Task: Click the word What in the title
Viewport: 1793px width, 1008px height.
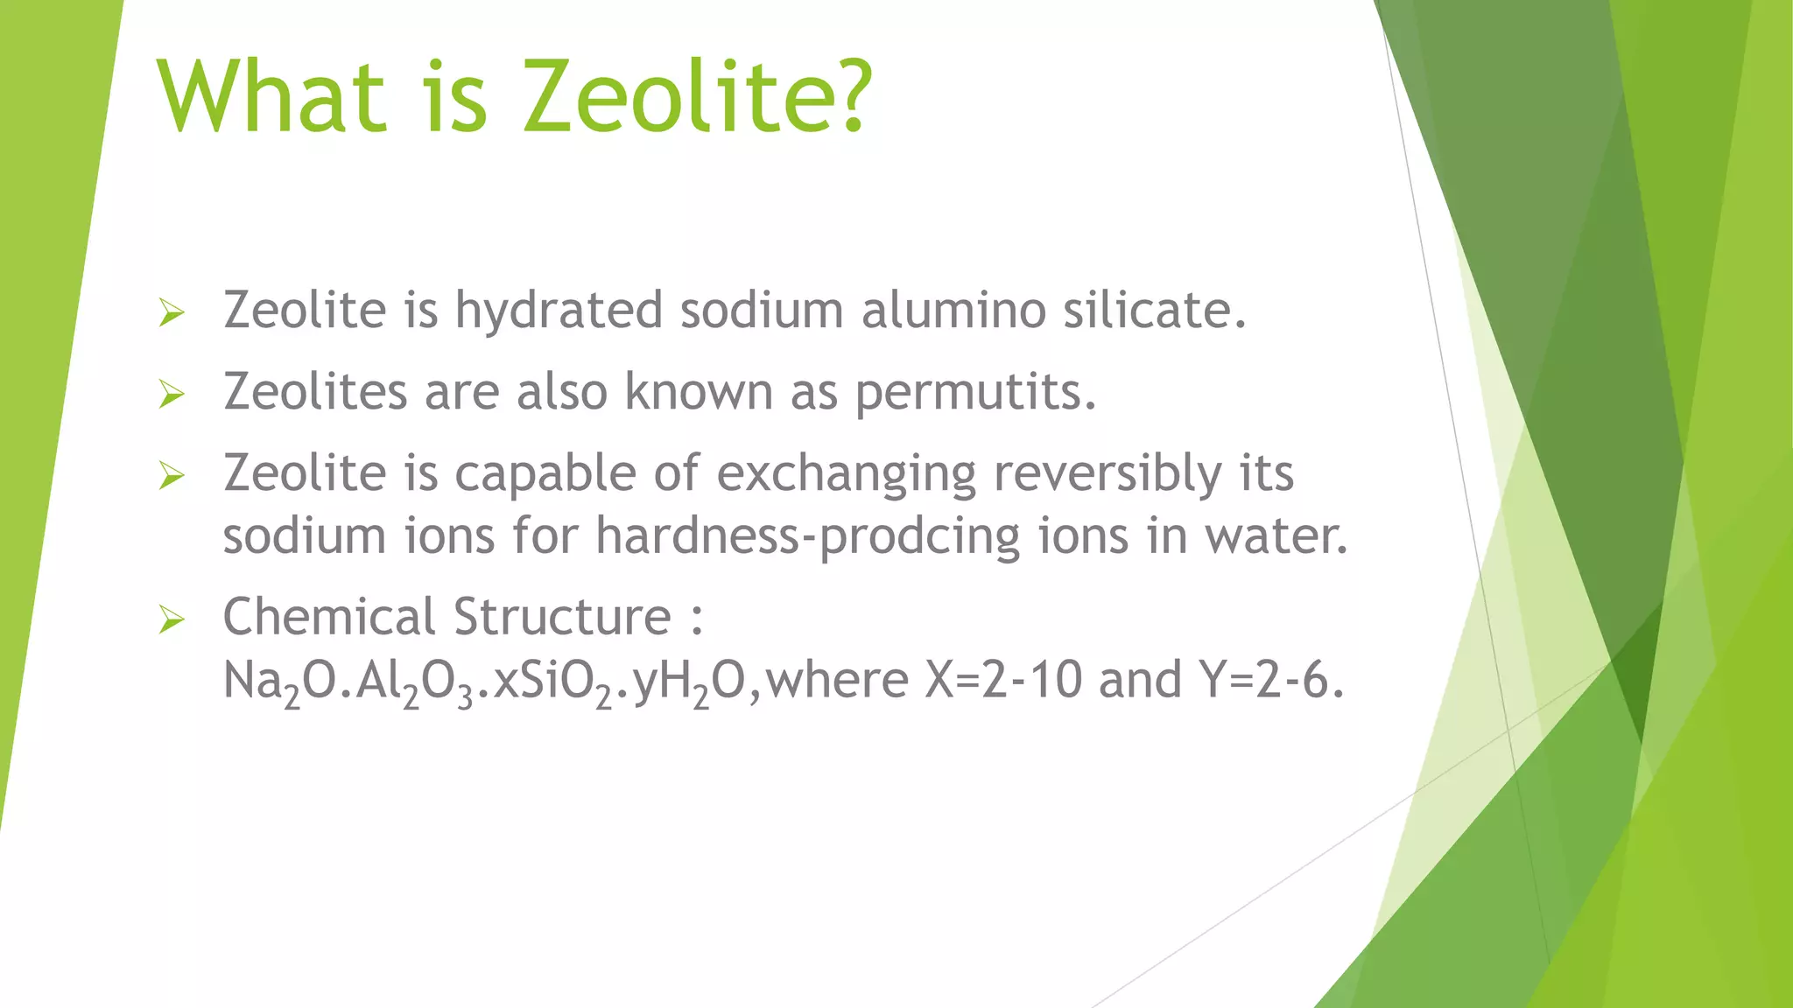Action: click(x=271, y=95)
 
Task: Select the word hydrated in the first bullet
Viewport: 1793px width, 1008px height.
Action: click(x=558, y=311)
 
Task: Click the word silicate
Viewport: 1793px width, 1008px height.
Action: click(x=1154, y=311)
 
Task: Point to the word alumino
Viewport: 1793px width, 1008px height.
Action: click(x=953, y=311)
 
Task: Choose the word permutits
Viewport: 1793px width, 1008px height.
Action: click(x=974, y=393)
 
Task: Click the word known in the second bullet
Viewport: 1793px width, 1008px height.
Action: click(x=699, y=391)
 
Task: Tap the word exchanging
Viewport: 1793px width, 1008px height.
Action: click(x=846, y=474)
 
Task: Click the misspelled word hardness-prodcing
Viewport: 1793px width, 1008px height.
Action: click(x=807, y=536)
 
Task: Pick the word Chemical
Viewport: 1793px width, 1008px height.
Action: click(x=329, y=617)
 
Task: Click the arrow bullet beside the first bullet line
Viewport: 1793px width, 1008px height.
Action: click(x=172, y=312)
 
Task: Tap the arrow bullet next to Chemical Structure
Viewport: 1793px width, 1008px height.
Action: click(x=172, y=620)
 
